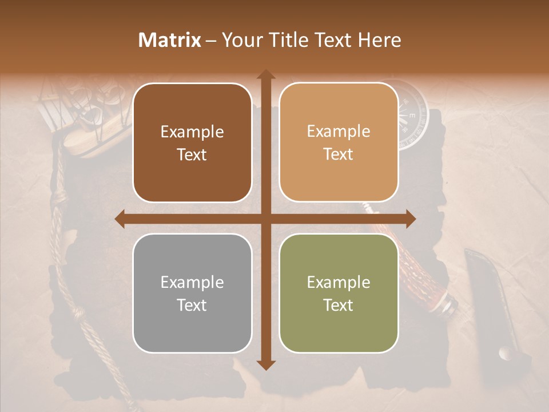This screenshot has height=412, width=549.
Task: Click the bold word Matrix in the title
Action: [x=170, y=40]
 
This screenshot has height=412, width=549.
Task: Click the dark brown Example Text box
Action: [x=192, y=143]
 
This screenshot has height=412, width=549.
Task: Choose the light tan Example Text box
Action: [x=339, y=142]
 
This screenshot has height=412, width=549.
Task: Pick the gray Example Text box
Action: [x=192, y=293]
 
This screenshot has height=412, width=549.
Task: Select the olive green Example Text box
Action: [x=339, y=293]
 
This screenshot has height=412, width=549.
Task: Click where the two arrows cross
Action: [x=265, y=219]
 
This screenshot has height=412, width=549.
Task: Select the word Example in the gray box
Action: [x=192, y=282]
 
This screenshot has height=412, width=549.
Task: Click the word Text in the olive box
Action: [x=339, y=305]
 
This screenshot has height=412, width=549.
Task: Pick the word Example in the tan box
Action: [x=339, y=132]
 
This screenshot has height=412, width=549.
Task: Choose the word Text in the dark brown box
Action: [x=192, y=155]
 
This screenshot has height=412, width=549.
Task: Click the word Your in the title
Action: [x=240, y=40]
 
